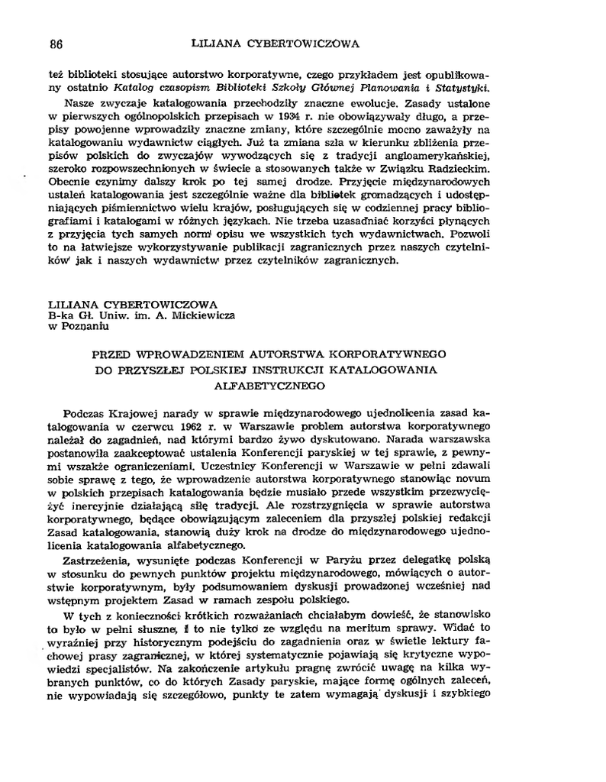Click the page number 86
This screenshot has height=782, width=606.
(x=56, y=44)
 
